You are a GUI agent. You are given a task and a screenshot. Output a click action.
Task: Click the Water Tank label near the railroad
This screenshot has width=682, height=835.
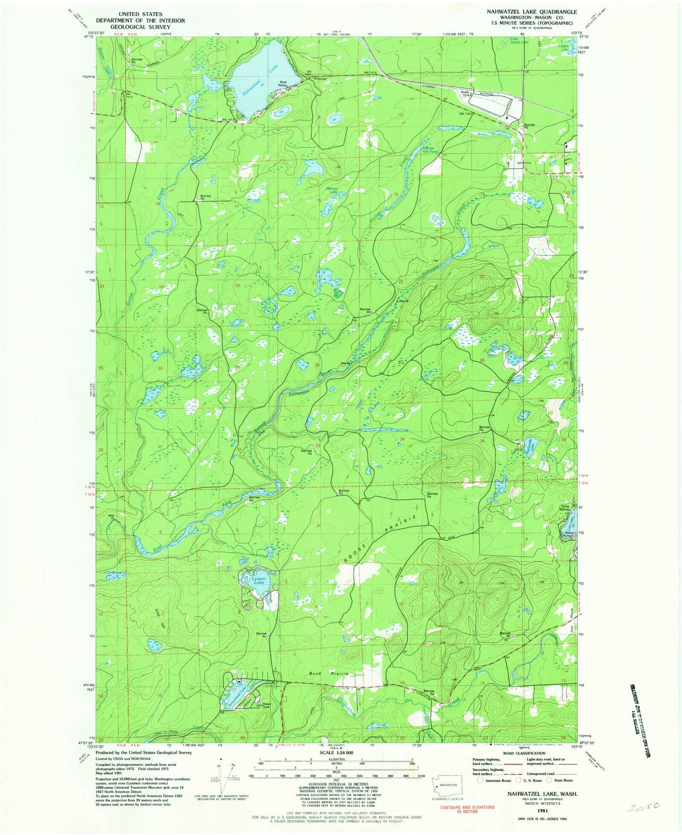[465, 93]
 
